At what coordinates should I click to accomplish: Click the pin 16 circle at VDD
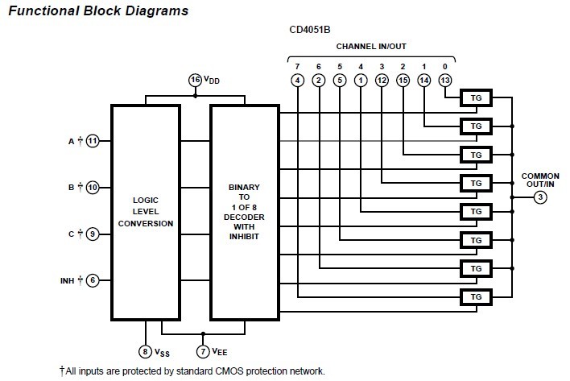[195, 80]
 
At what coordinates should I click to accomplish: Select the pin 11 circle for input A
[93, 141]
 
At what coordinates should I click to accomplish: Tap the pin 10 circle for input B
[93, 187]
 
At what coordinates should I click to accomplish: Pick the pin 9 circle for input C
[93, 234]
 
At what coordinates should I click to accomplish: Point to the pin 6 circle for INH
[93, 280]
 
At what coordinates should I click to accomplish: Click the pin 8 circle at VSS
[145, 351]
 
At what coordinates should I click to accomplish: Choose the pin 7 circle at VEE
[203, 351]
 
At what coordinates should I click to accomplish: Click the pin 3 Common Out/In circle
[540, 197]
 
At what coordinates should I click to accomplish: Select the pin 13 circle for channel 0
[445, 80]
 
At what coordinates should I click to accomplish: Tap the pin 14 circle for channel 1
[424, 80]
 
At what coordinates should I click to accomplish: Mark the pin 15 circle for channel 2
[403, 80]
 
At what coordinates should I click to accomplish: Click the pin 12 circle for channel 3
[382, 80]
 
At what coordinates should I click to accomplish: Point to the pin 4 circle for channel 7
[298, 80]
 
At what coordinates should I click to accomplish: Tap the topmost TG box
[476, 97]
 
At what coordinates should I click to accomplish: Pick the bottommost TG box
[476, 297]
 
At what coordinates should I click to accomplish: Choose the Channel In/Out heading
[370, 46]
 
